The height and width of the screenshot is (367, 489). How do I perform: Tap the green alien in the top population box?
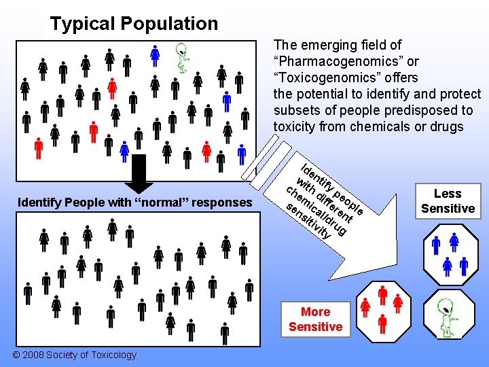(x=182, y=57)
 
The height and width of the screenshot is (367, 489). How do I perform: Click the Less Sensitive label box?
(x=448, y=201)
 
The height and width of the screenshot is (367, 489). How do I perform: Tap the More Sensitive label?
(x=315, y=319)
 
